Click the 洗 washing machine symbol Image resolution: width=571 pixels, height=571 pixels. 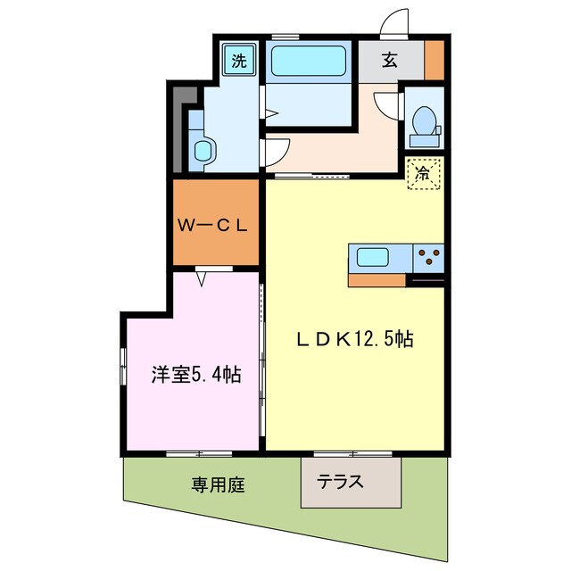(238, 61)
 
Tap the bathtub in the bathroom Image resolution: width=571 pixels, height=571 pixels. (310, 62)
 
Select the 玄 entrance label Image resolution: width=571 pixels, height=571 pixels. (390, 61)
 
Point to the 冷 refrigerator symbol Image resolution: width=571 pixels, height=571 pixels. (423, 172)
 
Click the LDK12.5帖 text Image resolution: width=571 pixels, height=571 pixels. (354, 340)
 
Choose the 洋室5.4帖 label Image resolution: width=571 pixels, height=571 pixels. (194, 373)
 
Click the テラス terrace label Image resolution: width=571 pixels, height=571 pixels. (341, 482)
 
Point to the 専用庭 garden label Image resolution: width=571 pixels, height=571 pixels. (218, 485)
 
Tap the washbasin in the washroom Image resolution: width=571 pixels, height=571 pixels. (203, 149)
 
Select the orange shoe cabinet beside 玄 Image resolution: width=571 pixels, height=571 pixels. (434, 62)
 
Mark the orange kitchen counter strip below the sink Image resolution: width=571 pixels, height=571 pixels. (376, 280)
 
